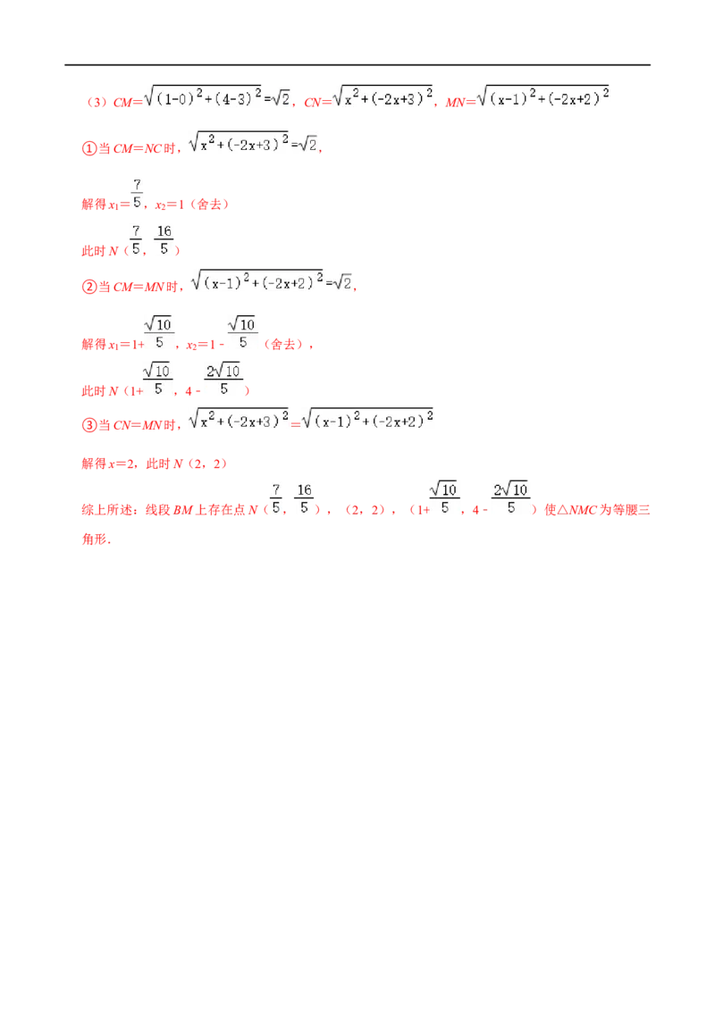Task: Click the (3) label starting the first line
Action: (97, 103)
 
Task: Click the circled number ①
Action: (89, 148)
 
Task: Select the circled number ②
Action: (89, 287)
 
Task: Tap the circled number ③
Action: (89, 425)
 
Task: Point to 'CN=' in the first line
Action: (317, 103)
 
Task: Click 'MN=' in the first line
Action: (460, 103)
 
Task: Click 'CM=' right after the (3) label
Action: (127, 103)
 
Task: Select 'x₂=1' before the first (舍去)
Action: (170, 205)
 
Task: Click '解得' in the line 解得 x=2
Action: (94, 464)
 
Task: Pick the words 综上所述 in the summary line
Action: (106, 510)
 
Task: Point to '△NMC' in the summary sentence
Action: (576, 510)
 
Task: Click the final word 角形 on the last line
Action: (94, 539)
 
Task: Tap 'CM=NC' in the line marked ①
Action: (137, 149)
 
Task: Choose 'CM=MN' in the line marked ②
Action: (139, 287)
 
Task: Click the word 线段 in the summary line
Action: (158, 510)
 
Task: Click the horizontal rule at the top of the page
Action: (357, 65)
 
